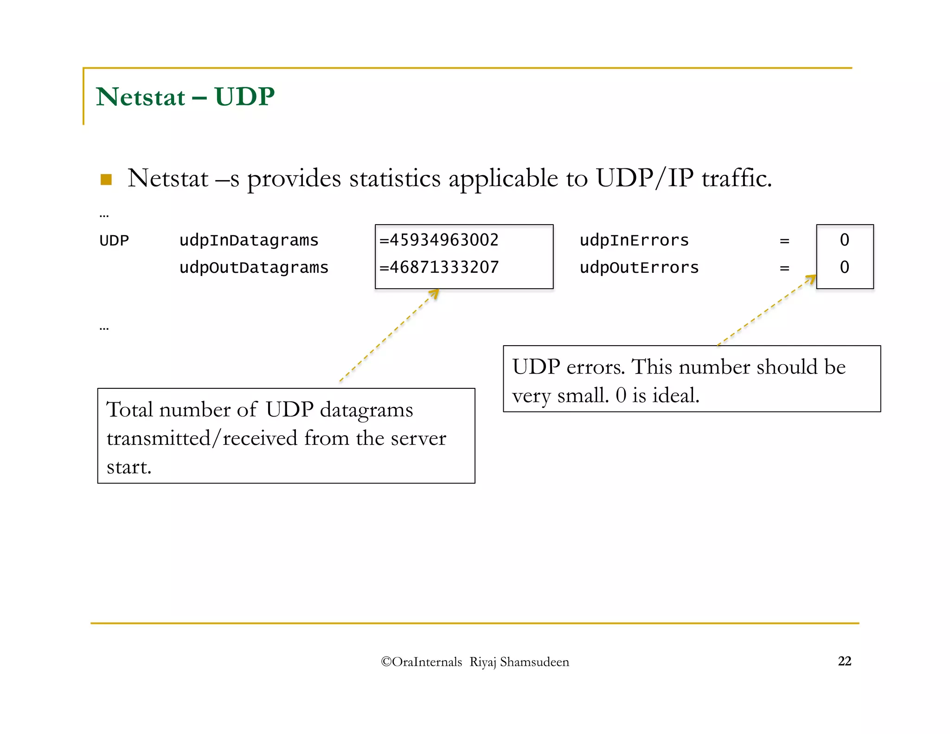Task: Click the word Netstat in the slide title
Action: tap(141, 97)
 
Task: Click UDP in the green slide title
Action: tap(244, 97)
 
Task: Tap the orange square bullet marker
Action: tap(106, 180)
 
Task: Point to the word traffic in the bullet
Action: tap(736, 178)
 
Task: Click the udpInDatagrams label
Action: tap(249, 240)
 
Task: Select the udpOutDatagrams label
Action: tap(254, 268)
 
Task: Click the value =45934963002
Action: tap(439, 240)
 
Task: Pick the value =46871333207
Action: tap(439, 267)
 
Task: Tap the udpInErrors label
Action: tap(634, 240)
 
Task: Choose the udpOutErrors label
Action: tap(639, 268)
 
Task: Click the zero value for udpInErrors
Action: tap(844, 240)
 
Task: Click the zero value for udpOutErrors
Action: tap(844, 267)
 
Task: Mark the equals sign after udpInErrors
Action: tap(784, 241)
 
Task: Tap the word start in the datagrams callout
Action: tap(128, 467)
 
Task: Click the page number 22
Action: tap(844, 661)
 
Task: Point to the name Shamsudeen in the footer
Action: tap(534, 662)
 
